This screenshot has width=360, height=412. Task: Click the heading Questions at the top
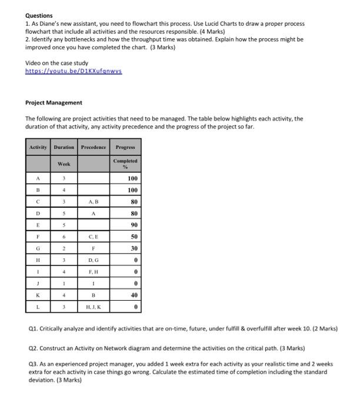pos(39,15)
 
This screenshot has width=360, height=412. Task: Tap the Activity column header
pos(38,147)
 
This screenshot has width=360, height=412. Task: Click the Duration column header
pos(64,147)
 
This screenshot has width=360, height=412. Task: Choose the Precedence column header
pos(94,147)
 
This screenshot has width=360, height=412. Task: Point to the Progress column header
pos(125,147)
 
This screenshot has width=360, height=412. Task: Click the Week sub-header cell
pos(64,162)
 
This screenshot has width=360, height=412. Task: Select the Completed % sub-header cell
pos(125,162)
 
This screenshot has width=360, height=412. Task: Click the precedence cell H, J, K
pos(94,308)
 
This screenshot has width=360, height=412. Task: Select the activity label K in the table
pos(38,295)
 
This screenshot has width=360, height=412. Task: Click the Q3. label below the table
pos(32,364)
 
